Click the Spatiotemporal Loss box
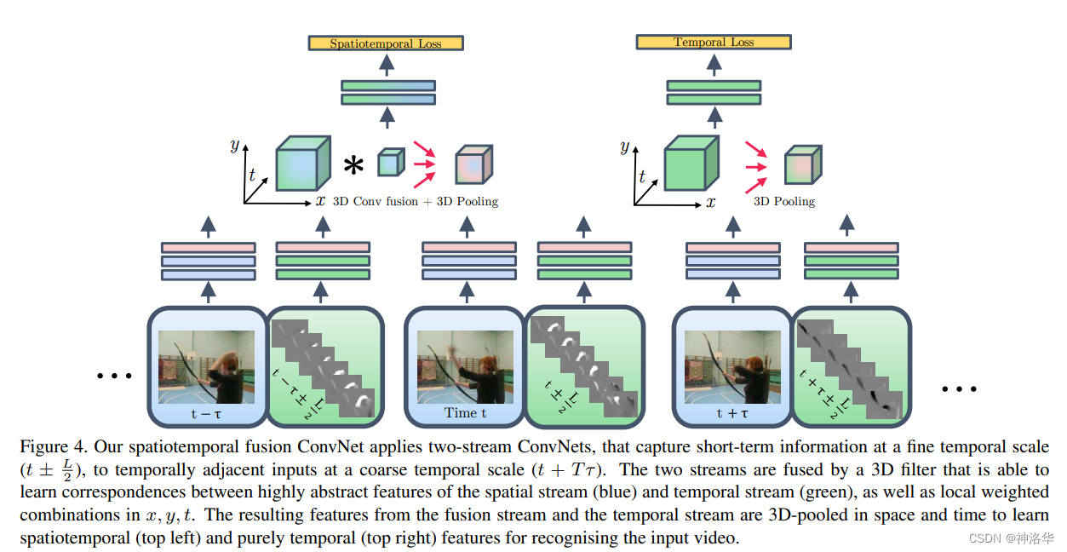coord(386,43)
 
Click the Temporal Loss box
coord(714,42)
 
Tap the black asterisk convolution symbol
coord(353,165)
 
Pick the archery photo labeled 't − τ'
coord(207,366)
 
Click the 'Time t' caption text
coord(466,413)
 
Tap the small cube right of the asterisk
coord(389,162)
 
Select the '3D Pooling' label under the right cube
coord(784,202)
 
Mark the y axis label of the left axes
coord(234,145)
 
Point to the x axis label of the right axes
coord(710,202)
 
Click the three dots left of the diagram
coord(114,375)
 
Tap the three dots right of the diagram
coord(958,388)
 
